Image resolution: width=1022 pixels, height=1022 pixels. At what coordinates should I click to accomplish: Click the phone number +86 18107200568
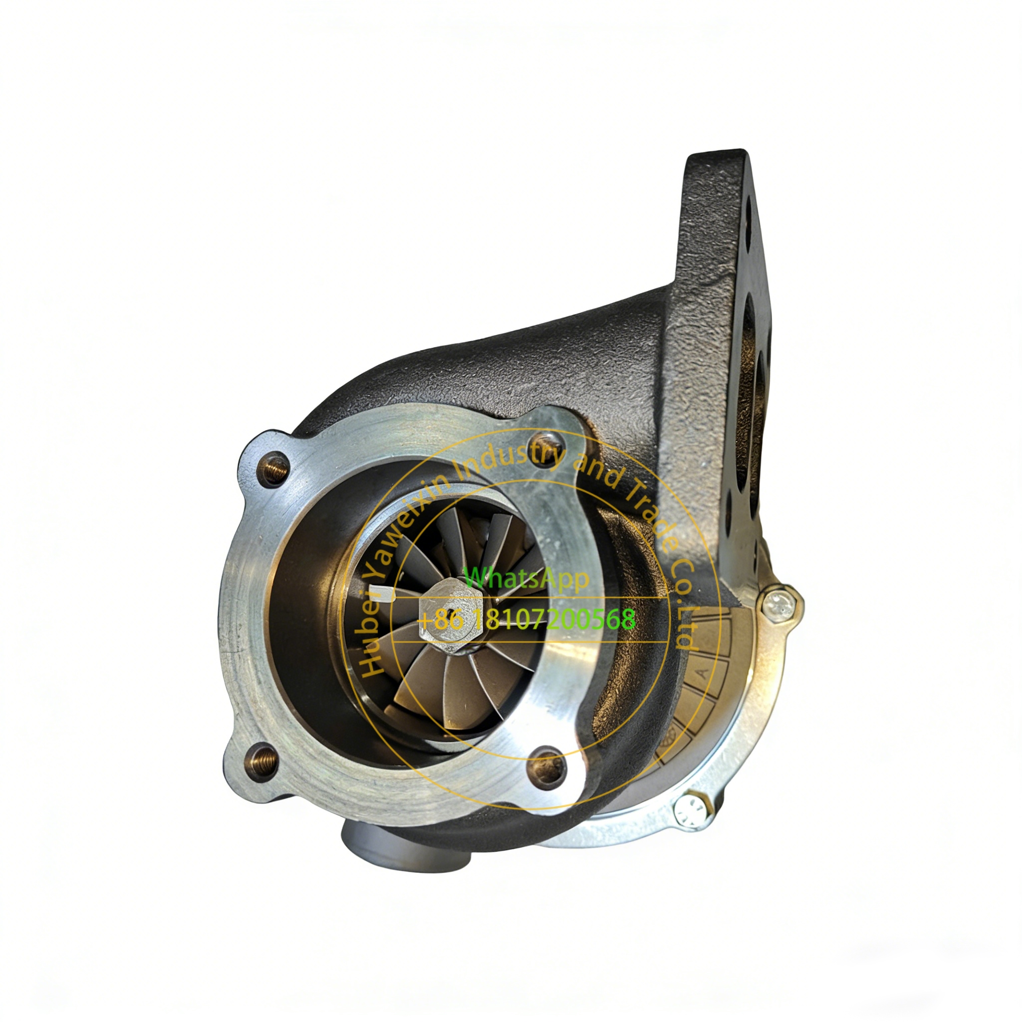tap(527, 619)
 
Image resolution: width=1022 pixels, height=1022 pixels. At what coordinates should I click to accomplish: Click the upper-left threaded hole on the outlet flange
tap(274, 469)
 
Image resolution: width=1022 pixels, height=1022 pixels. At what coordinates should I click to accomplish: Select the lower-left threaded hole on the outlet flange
tap(262, 762)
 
